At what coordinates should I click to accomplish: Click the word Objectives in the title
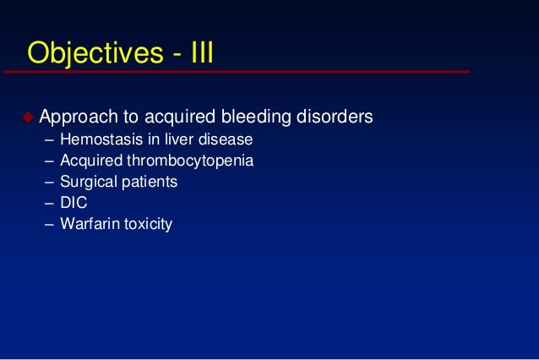(x=90, y=52)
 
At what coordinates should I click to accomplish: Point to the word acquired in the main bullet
(x=176, y=116)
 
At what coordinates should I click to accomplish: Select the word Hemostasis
(x=100, y=139)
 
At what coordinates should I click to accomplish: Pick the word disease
(x=222, y=139)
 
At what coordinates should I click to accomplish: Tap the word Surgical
(x=86, y=182)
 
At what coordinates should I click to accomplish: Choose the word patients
(x=147, y=182)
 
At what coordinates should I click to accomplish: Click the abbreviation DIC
(x=74, y=203)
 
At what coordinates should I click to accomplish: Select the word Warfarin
(x=89, y=225)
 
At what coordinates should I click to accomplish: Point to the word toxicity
(x=146, y=225)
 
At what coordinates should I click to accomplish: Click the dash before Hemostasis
(x=48, y=139)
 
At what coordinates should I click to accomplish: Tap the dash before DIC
(x=48, y=203)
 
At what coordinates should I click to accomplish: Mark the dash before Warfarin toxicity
(x=48, y=225)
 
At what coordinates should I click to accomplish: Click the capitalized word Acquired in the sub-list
(x=91, y=161)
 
